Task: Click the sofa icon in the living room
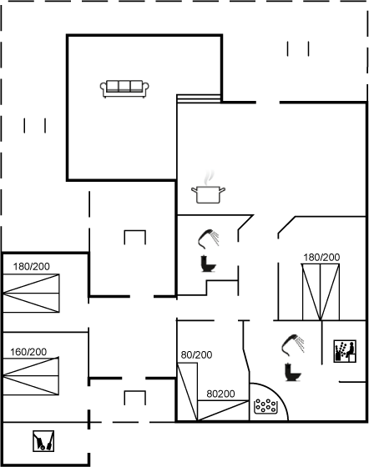click(x=124, y=88)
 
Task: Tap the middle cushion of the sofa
click(x=124, y=86)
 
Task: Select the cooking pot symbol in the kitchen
click(x=208, y=194)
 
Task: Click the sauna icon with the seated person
click(x=345, y=351)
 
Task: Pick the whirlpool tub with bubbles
click(x=265, y=406)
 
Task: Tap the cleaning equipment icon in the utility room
click(x=43, y=441)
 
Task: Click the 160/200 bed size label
click(x=28, y=352)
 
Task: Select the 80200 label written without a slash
click(x=221, y=394)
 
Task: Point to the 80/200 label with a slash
click(x=196, y=354)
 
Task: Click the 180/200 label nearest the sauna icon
click(x=321, y=257)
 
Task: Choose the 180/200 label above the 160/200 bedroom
click(x=31, y=266)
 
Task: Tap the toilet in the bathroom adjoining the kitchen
click(x=208, y=264)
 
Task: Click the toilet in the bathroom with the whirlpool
click(x=293, y=372)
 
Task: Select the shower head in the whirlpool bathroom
click(x=293, y=345)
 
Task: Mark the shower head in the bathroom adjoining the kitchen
click(x=209, y=239)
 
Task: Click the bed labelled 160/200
click(x=31, y=376)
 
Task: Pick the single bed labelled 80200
click(x=223, y=410)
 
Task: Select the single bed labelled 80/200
click(x=187, y=392)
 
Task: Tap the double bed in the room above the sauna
click(x=321, y=292)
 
